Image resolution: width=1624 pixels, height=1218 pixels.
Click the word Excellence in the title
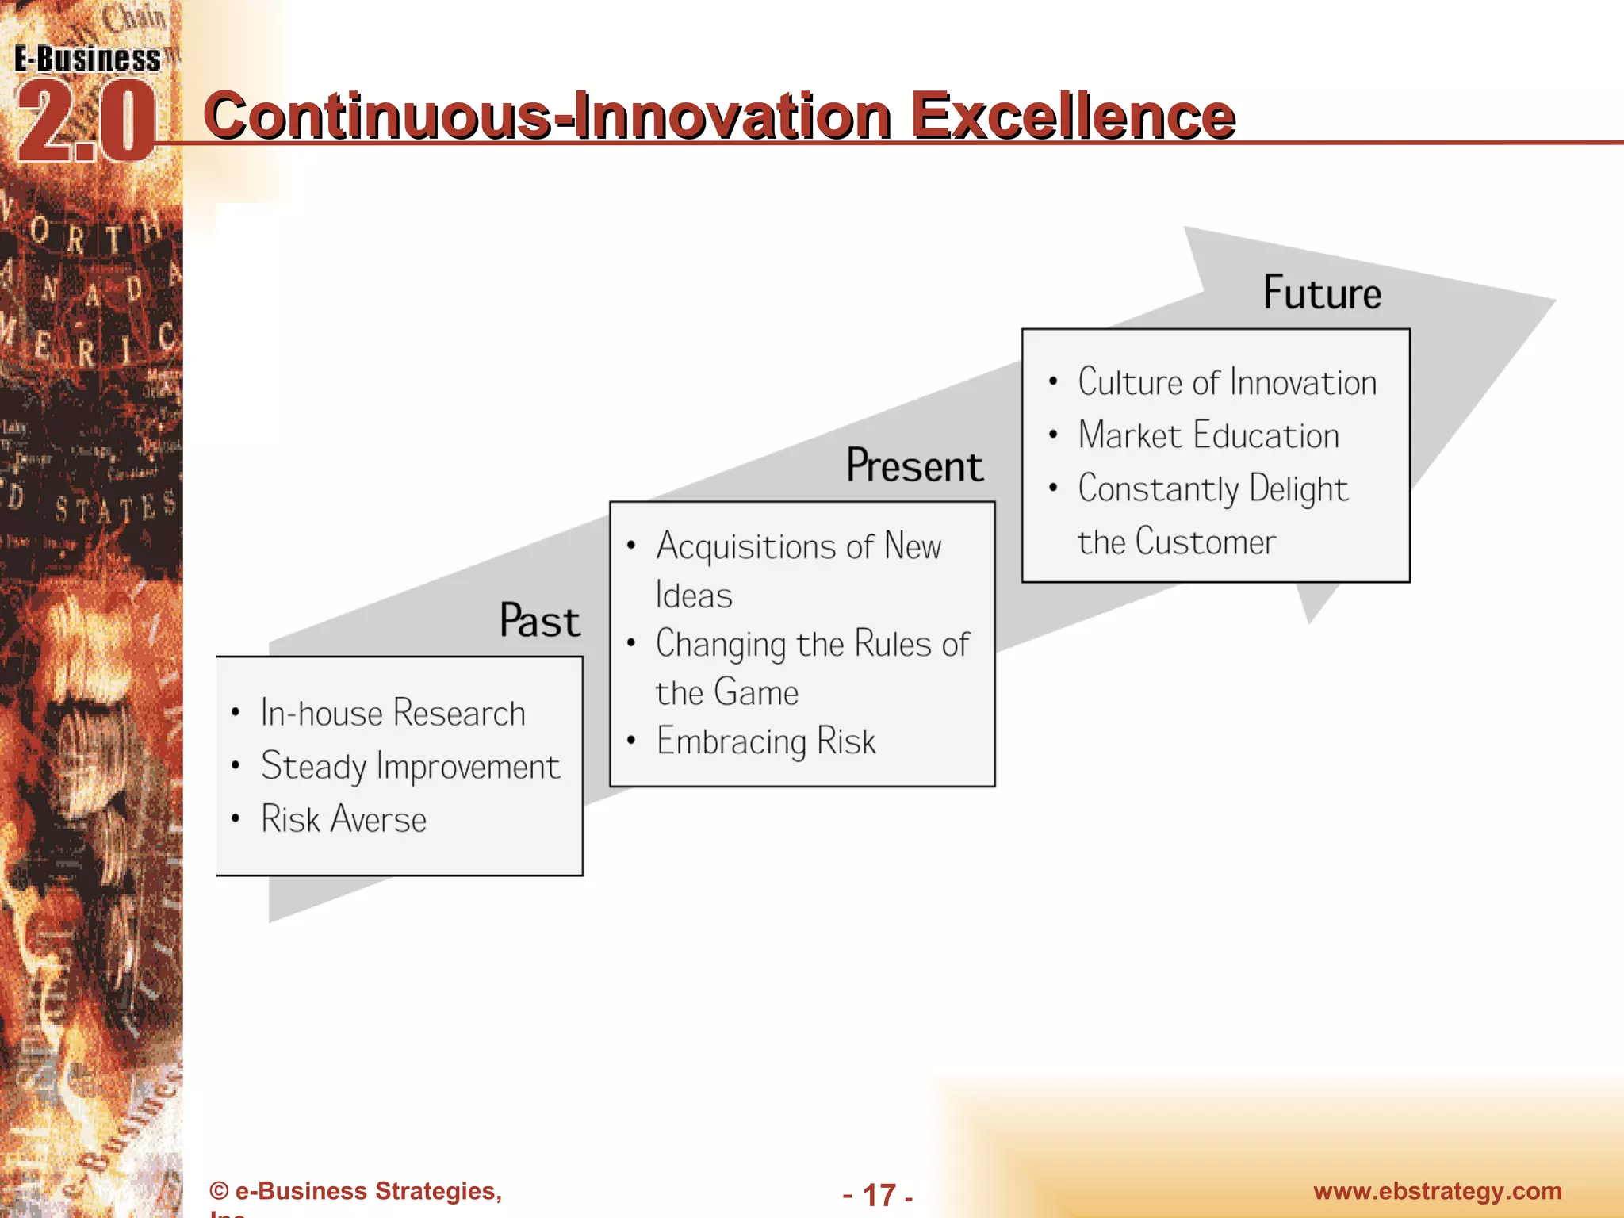pos(1072,116)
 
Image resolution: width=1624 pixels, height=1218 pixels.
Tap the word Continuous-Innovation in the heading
pos(547,116)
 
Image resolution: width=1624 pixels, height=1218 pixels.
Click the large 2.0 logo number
pos(86,123)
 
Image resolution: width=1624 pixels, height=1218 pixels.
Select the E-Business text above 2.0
pos(87,59)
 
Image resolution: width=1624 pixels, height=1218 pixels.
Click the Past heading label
pos(539,620)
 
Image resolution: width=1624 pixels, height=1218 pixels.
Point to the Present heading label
pos(914,465)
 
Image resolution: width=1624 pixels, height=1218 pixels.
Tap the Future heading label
pos(1322,293)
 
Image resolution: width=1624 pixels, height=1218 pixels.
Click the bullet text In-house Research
pos(393,713)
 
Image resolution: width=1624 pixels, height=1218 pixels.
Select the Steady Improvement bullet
pos(410,767)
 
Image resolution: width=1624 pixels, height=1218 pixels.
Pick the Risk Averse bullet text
pos(343,819)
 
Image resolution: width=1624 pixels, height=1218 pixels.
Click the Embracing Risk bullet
pos(765,741)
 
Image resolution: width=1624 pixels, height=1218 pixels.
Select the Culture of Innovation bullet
pos(1227,382)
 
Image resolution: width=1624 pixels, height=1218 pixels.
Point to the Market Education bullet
pos(1208,435)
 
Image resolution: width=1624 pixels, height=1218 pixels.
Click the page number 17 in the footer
pos(879,1195)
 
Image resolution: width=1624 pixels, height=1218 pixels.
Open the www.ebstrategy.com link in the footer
pos(1437,1191)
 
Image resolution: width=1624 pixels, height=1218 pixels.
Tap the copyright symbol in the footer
pos(219,1191)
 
